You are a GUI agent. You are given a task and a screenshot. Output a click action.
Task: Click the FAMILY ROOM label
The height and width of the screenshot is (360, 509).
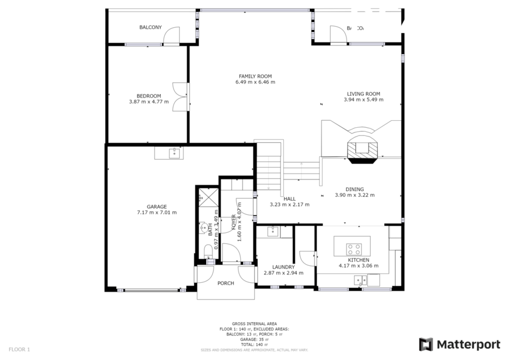[x=255, y=76]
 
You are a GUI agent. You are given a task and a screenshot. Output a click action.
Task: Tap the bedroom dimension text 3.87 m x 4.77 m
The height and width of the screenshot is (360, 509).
[x=149, y=102]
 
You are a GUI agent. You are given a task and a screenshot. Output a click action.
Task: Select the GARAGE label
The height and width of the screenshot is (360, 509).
[x=157, y=206]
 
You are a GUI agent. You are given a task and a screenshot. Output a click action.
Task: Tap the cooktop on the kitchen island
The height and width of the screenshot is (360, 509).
[x=354, y=249]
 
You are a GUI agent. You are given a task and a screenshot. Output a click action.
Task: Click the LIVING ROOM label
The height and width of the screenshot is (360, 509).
[x=363, y=93]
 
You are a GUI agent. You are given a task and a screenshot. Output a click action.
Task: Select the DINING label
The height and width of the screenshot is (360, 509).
[x=355, y=189]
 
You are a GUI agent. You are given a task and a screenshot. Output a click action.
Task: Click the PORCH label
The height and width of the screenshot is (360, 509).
[x=226, y=283]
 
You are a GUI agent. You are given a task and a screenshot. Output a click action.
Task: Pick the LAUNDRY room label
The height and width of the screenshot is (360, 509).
[x=284, y=267]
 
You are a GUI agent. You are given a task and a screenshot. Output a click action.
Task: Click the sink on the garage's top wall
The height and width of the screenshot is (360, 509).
[x=172, y=153]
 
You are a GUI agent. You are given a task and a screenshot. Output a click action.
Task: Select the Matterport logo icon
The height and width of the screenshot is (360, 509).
[x=426, y=344]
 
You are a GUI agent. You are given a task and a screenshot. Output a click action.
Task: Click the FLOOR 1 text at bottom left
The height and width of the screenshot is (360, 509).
[x=19, y=349]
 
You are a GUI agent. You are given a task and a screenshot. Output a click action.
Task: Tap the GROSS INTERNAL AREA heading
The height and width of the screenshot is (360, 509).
[x=254, y=323]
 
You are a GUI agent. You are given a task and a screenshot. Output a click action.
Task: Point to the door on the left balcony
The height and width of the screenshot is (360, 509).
[x=172, y=37]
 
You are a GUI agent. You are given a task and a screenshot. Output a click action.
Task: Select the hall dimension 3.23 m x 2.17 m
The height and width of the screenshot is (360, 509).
[x=290, y=204]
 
